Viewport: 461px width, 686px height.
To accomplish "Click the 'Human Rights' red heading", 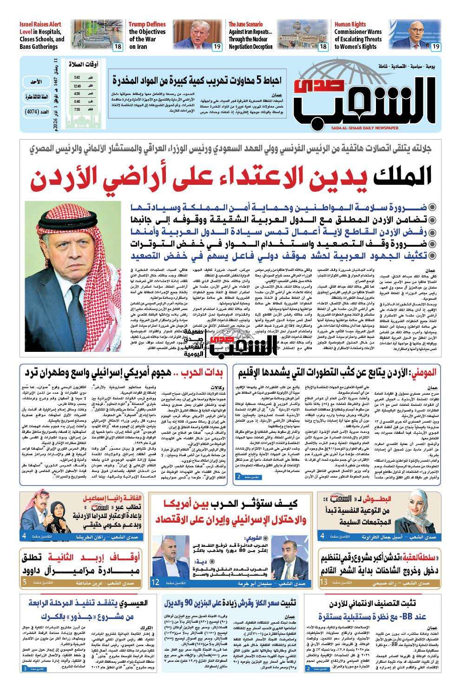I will pos(349,24).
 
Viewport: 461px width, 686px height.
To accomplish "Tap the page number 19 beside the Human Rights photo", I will pos(435,47).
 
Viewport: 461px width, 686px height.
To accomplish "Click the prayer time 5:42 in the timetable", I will pos(77,78).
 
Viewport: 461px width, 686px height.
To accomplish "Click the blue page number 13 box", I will pos(323,569).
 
